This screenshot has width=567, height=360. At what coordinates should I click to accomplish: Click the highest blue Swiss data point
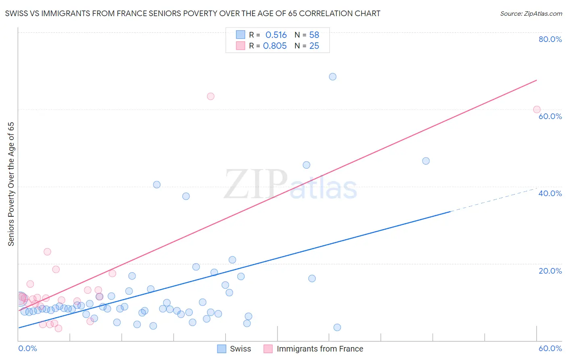pyautogui.click(x=333, y=77)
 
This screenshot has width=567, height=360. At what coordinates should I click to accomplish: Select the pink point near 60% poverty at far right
pyautogui.click(x=537, y=109)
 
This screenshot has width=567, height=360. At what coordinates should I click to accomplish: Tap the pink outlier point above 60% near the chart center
pyautogui.click(x=211, y=96)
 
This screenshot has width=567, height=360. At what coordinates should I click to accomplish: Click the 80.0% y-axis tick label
pyautogui.click(x=550, y=39)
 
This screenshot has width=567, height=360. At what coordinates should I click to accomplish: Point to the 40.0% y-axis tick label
pyautogui.click(x=550, y=193)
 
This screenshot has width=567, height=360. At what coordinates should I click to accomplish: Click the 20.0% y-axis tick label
pyautogui.click(x=550, y=271)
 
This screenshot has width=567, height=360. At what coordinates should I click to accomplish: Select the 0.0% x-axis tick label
pyautogui.click(x=28, y=348)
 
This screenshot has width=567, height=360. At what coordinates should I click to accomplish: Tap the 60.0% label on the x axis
pyautogui.click(x=550, y=348)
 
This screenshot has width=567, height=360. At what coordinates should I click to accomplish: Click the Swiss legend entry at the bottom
pyautogui.click(x=234, y=349)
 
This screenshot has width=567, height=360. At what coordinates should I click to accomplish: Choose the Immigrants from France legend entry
pyautogui.click(x=313, y=349)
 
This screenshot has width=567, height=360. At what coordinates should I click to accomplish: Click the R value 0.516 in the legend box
pyautogui.click(x=276, y=35)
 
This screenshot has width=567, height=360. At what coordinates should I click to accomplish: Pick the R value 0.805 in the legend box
pyautogui.click(x=275, y=46)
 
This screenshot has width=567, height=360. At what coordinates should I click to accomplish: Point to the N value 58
pyautogui.click(x=314, y=35)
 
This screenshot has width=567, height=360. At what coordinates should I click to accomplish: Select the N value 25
pyautogui.click(x=314, y=46)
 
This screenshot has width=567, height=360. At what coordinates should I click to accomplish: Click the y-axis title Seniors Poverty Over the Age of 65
pyautogui.click(x=11, y=184)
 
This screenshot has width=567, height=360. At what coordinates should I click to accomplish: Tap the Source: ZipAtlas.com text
pyautogui.click(x=531, y=14)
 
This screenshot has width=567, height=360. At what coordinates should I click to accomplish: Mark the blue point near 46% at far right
pyautogui.click(x=426, y=161)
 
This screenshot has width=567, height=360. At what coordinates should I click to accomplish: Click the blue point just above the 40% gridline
pyautogui.click(x=157, y=185)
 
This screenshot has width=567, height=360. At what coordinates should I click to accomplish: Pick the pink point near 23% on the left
pyautogui.click(x=47, y=252)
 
